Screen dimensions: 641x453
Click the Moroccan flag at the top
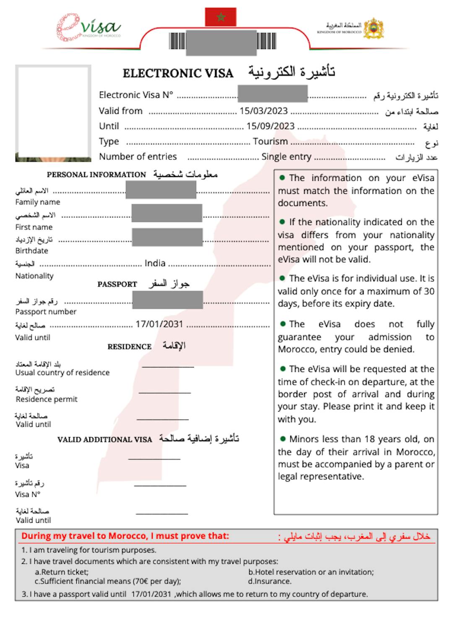tap(221, 17)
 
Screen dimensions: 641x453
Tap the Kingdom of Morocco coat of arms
tap(373, 28)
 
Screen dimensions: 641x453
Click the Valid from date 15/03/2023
tap(263, 111)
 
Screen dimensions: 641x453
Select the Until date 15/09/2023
tap(270, 126)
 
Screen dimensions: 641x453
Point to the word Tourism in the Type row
tap(270, 141)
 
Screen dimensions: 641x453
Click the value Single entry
tap(286, 157)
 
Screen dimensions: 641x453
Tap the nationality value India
tap(155, 263)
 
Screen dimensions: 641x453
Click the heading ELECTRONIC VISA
tap(178, 73)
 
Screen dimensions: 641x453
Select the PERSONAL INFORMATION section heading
tap(96, 175)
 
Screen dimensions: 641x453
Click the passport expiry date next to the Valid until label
tap(159, 324)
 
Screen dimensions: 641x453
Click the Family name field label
tap(38, 202)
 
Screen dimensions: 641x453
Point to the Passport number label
tap(46, 312)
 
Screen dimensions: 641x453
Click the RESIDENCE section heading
tap(129, 347)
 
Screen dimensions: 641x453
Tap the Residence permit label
tap(47, 399)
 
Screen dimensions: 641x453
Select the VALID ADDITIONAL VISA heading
tap(104, 440)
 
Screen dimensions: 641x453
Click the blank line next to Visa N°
tap(160, 485)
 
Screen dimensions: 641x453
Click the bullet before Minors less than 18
tap(283, 439)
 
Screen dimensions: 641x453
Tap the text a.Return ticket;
tap(62, 572)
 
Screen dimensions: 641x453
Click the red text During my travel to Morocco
tap(125, 536)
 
